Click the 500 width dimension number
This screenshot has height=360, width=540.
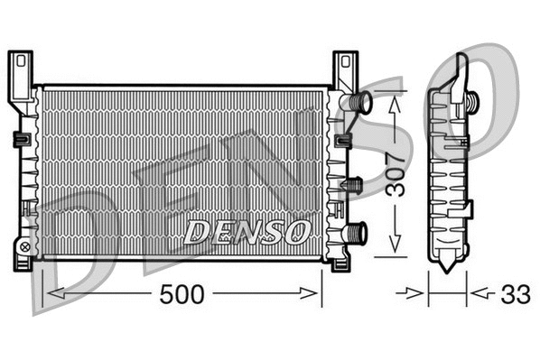point(183,294)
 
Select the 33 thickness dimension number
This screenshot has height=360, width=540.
point(516,294)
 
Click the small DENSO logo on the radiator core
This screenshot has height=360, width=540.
point(247,231)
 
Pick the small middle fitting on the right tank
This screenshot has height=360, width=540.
point(353,185)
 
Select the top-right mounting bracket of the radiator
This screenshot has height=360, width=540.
point(345,71)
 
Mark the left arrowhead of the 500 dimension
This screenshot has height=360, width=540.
point(50,293)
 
